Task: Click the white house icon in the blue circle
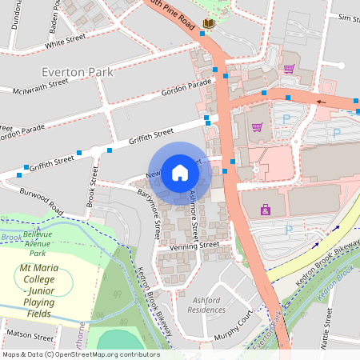pyautogui.click(x=180, y=173)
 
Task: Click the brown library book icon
pyautogui.click(x=208, y=25)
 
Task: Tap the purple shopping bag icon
pyautogui.click(x=265, y=210)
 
